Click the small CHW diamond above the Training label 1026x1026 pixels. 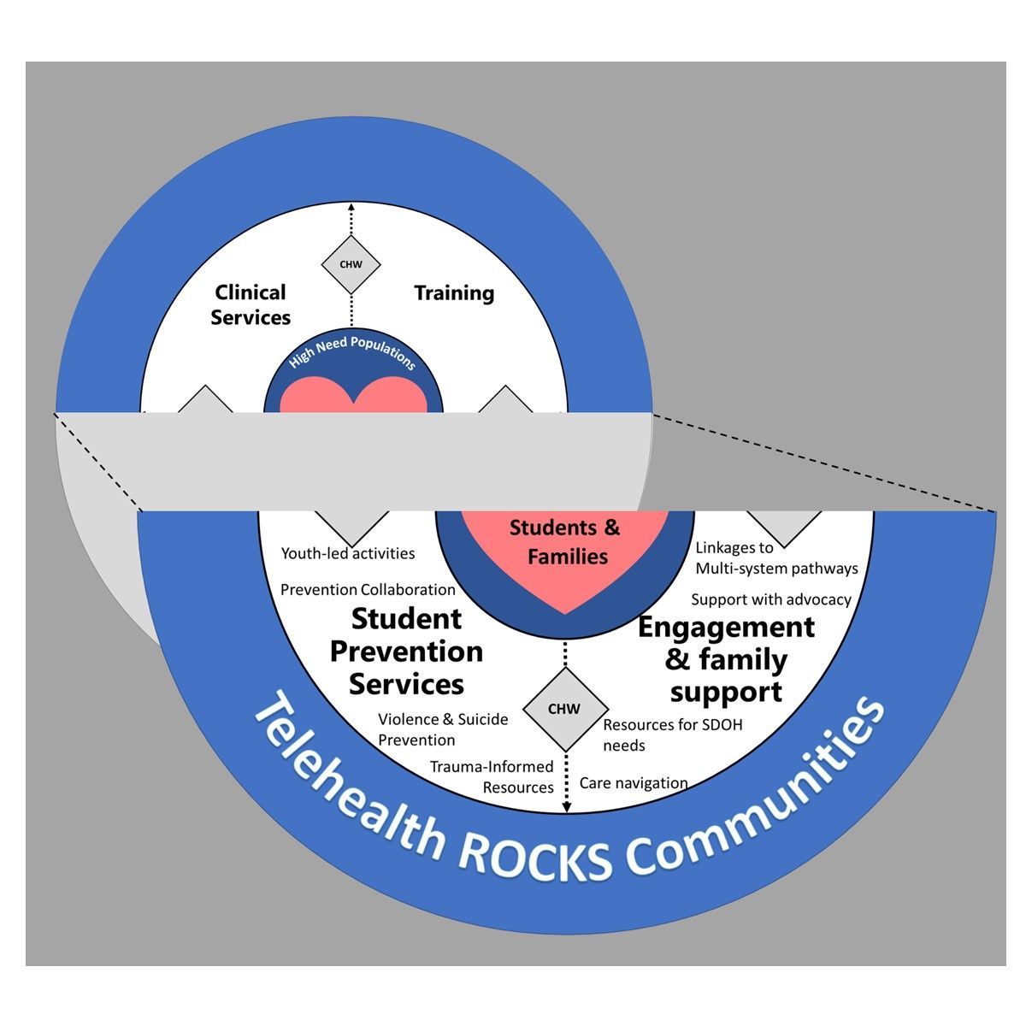click(x=351, y=264)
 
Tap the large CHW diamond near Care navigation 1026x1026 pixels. click(x=565, y=709)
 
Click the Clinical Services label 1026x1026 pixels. click(x=251, y=304)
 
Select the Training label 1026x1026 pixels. click(x=454, y=293)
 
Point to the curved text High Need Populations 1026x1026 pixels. click(x=352, y=351)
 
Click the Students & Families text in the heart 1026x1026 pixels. click(x=565, y=542)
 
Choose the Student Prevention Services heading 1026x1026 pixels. click(x=406, y=652)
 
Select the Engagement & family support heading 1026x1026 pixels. click(x=726, y=660)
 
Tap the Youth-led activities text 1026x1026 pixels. click(x=348, y=553)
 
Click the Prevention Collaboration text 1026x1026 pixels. click(x=368, y=589)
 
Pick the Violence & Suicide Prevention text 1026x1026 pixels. click(x=443, y=729)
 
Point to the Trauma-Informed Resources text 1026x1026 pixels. click(x=492, y=777)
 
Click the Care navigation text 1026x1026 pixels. click(x=634, y=783)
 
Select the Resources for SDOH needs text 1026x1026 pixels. click(x=673, y=734)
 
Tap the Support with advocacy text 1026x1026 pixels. click(x=771, y=599)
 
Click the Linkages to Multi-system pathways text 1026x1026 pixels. click(x=777, y=558)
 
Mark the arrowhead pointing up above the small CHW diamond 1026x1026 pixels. click(x=351, y=207)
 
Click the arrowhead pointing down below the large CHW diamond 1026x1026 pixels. click(x=567, y=808)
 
